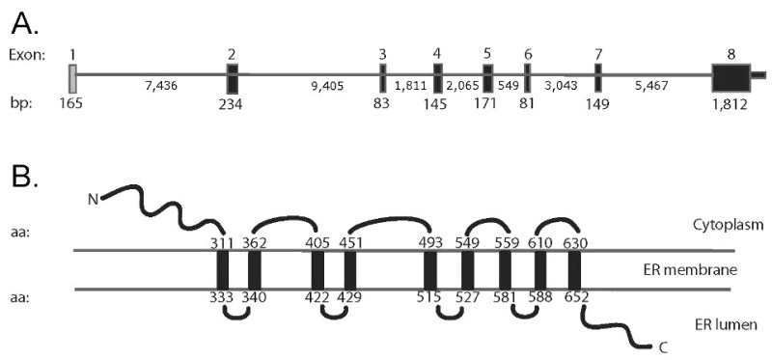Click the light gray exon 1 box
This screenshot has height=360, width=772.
(72, 78)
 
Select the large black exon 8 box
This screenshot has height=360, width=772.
(731, 78)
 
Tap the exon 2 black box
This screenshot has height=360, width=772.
(233, 78)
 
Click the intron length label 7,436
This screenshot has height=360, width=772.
(161, 86)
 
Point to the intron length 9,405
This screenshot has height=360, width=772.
(327, 86)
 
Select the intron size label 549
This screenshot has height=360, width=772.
(509, 86)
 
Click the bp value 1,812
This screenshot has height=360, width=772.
(731, 103)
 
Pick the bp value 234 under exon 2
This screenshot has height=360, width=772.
(232, 104)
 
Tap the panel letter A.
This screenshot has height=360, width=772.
(25, 23)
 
